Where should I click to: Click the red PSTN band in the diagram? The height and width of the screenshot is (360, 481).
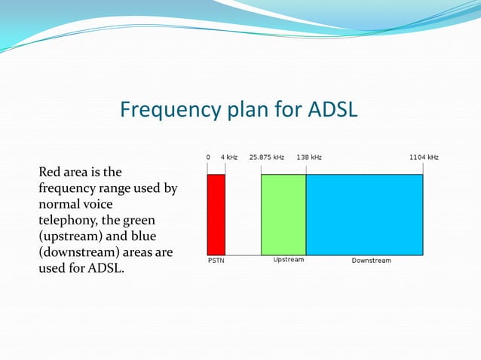216,215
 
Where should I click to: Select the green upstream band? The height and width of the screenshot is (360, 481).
283,215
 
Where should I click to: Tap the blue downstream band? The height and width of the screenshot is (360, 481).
364,215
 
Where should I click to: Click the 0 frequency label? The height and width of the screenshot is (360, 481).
208,157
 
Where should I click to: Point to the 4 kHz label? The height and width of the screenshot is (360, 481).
229,157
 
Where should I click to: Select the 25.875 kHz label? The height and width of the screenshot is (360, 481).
267,157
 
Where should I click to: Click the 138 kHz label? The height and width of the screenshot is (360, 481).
309,157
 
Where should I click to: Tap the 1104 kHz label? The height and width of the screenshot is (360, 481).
424,157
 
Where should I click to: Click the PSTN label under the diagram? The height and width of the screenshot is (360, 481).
216,261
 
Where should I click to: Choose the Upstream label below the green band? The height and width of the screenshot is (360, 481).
289,260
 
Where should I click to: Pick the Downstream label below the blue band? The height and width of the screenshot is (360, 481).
372,261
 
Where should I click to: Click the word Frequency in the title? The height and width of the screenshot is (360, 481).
167,111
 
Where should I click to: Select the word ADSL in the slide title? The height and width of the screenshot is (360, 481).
332,111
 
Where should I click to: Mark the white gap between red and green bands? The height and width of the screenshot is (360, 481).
243,215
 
